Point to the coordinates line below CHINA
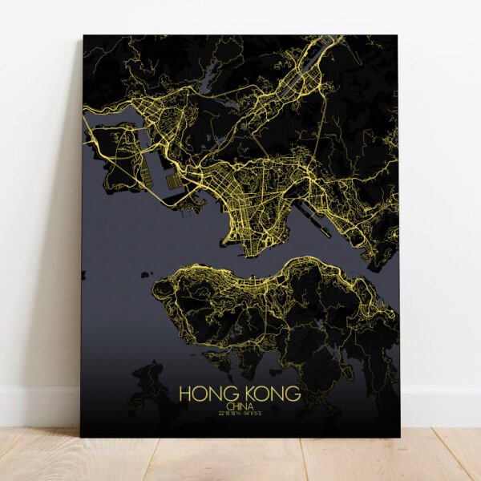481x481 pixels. tap(240, 414)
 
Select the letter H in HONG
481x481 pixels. tap(185, 394)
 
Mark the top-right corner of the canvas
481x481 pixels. tap(398, 36)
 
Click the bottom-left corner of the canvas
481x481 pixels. tap(82, 436)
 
